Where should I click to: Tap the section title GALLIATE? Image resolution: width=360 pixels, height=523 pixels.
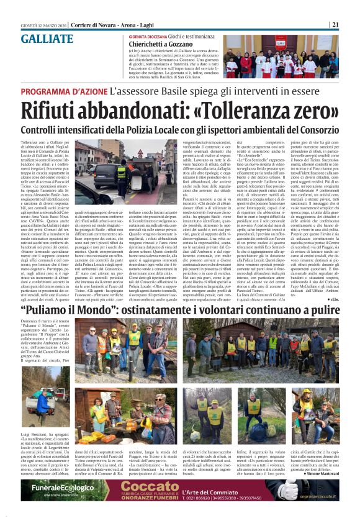[46, 39]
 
